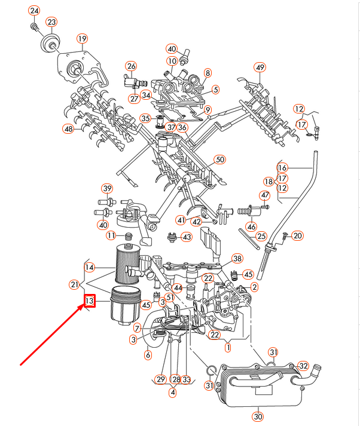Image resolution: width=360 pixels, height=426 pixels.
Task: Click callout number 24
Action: pos(34,11)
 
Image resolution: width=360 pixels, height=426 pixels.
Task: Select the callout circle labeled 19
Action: pos(82,39)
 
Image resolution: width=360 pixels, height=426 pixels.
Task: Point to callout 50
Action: pos(219,160)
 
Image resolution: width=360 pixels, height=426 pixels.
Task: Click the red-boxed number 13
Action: pos(89,301)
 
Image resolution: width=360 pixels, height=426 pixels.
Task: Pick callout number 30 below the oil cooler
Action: pos(258,416)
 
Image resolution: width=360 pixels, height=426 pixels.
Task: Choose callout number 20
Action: pos(298,235)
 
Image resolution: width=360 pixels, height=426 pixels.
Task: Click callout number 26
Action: pos(131,66)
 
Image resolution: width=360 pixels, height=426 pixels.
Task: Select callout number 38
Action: pos(237,259)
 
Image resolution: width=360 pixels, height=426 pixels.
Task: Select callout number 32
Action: pos(303,366)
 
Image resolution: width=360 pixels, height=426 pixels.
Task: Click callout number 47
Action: pos(265,195)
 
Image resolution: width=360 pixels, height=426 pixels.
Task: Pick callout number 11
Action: pos(111,235)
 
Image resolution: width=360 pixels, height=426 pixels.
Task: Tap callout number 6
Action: pos(148,355)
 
